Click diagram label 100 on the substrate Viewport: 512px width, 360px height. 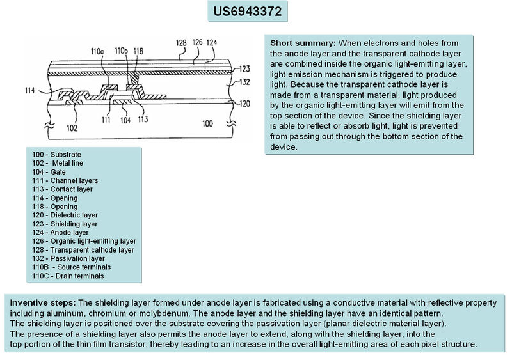click(x=207, y=123)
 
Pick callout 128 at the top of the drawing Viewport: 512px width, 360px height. click(x=182, y=43)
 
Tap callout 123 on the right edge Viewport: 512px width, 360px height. click(x=245, y=68)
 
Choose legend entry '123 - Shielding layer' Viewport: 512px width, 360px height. click(x=65, y=224)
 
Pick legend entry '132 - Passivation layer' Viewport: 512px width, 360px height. click(x=68, y=258)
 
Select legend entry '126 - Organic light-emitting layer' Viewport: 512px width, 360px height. click(x=83, y=241)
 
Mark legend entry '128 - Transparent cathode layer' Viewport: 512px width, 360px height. click(x=83, y=249)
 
